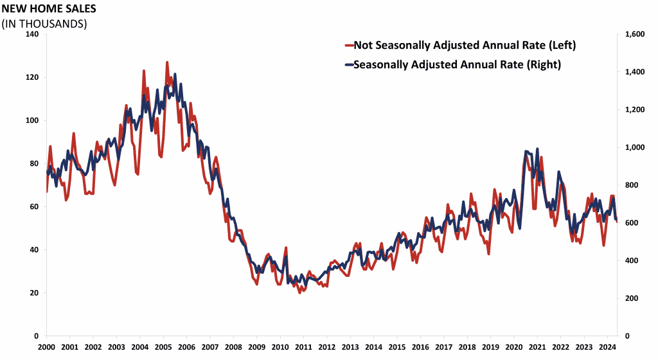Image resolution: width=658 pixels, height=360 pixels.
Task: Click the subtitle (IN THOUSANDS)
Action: coord(44,23)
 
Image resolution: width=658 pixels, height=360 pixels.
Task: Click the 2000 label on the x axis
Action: coord(46,346)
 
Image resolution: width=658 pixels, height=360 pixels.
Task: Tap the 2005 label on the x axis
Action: coord(163,346)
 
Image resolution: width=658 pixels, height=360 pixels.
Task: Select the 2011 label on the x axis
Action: coord(303,346)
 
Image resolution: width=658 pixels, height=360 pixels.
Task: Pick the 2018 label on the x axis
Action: coord(467,346)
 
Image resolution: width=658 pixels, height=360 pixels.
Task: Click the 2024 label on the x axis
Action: coord(607,346)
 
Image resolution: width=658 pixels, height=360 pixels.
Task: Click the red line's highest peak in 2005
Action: coord(167,62)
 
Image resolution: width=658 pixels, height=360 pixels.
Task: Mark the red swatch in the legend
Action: coord(349,45)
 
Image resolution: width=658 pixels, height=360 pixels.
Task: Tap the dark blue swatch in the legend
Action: coord(349,64)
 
